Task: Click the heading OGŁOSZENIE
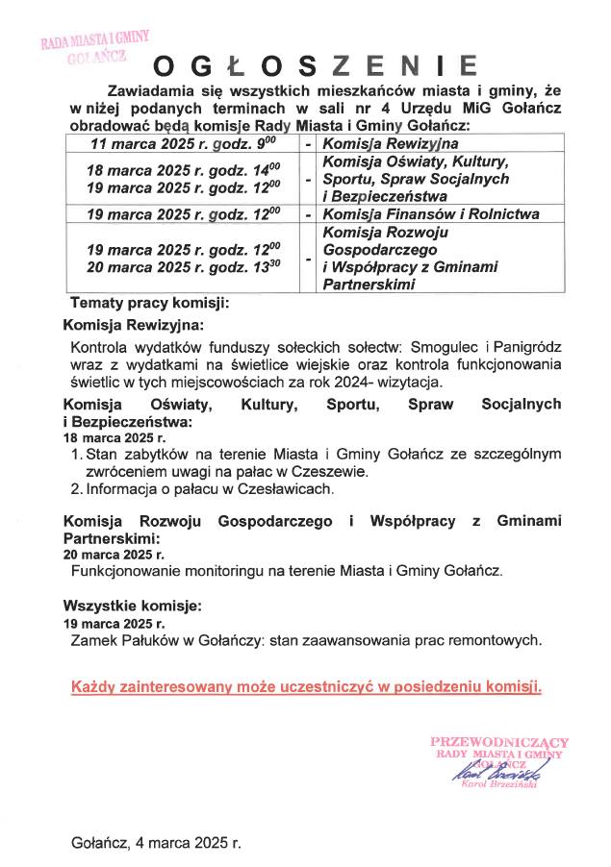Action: click(x=317, y=65)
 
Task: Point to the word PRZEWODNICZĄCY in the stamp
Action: click(x=499, y=742)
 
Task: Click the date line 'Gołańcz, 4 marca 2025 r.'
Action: click(x=157, y=843)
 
